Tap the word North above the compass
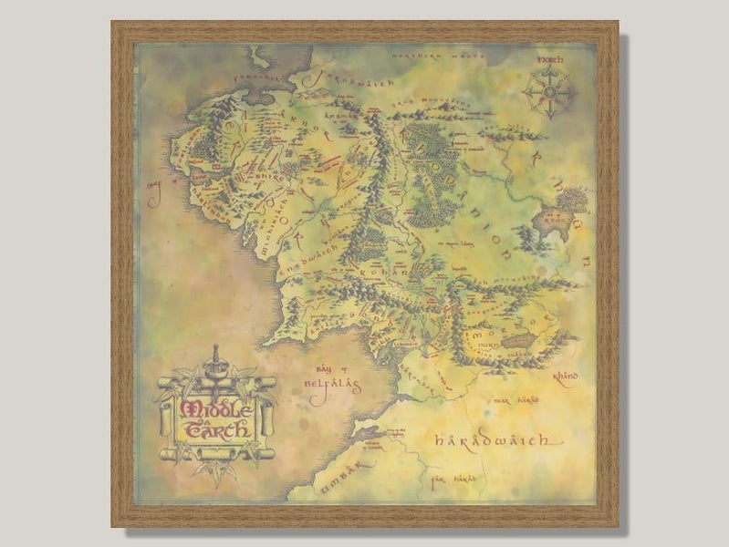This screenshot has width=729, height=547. [x=551, y=59]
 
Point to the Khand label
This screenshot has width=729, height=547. [x=567, y=374]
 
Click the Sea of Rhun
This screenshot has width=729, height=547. [x=573, y=201]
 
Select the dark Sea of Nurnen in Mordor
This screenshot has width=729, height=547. [x=519, y=340]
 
